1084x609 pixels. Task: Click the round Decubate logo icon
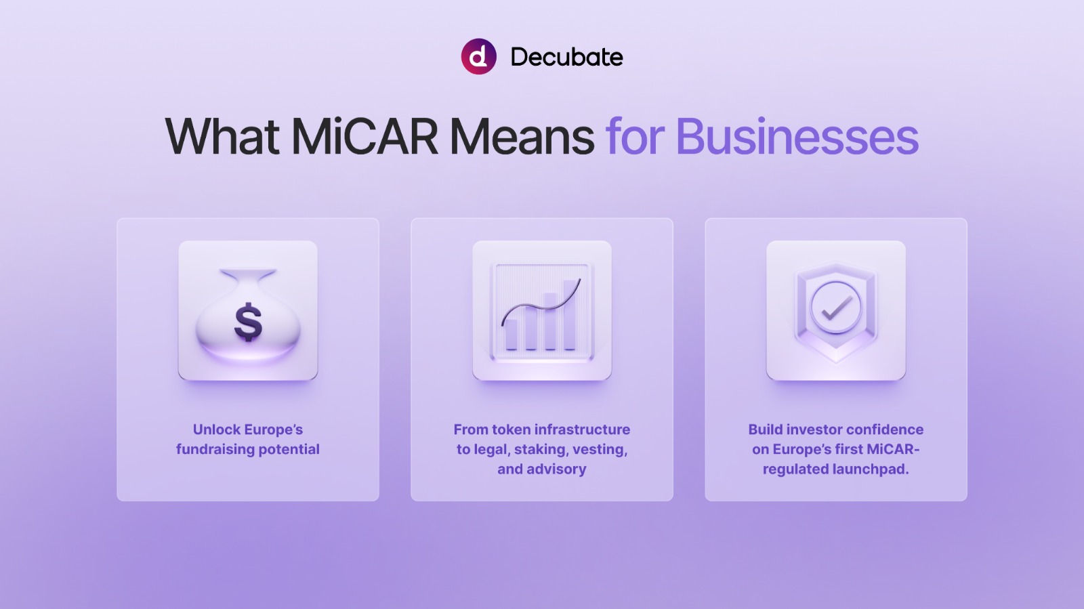478,57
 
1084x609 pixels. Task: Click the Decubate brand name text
566,57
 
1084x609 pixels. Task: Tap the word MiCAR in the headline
364,137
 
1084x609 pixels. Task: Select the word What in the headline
222,137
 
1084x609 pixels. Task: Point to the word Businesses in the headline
797,137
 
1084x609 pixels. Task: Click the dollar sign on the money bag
248,322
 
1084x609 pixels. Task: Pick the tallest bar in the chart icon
570,314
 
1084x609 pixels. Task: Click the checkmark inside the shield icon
837,308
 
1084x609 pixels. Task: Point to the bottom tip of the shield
836,362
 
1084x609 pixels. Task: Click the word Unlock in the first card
216,429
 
